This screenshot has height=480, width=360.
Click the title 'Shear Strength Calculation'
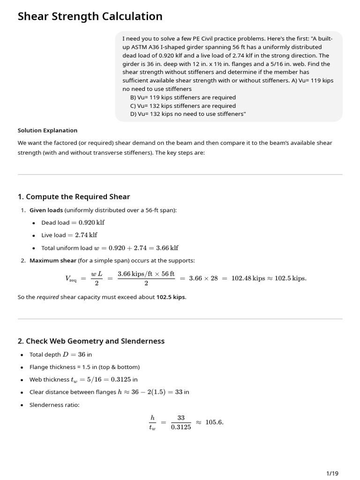click(90, 17)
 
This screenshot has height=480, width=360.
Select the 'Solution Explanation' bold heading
click(47, 130)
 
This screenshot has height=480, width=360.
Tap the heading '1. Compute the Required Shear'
click(74, 196)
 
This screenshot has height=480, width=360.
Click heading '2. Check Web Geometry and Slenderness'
click(91, 341)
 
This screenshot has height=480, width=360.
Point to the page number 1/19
click(332, 473)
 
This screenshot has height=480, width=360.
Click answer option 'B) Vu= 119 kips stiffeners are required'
click(183, 97)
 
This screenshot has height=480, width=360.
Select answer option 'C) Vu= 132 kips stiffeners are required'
click(183, 106)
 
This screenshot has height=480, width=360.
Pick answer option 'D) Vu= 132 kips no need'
click(187, 114)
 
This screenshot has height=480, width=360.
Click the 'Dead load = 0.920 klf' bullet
click(73, 223)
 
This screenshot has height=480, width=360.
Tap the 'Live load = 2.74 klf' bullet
click(69, 235)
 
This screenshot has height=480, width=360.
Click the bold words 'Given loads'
click(46, 210)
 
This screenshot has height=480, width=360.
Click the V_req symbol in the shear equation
click(70, 278)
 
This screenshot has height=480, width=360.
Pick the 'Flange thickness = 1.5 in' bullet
click(84, 367)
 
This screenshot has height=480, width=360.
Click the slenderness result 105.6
click(214, 422)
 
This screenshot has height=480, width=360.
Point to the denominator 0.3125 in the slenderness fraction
click(181, 427)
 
